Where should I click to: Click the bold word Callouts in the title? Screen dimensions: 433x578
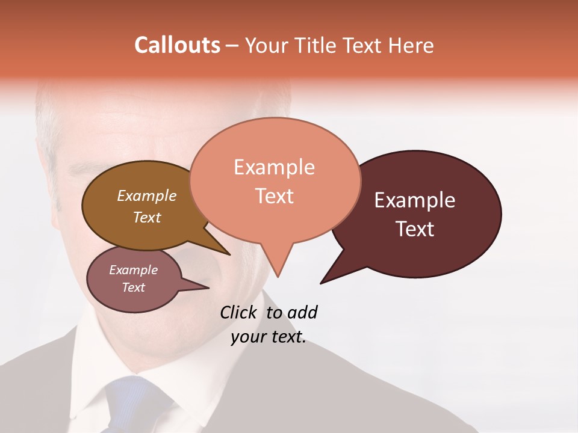(x=177, y=45)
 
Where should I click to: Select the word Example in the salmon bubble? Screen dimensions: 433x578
(x=274, y=167)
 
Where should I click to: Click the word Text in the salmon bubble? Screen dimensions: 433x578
(x=274, y=195)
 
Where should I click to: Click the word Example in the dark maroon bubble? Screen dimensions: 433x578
(x=415, y=200)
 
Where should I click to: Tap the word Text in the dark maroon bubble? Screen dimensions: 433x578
(x=415, y=229)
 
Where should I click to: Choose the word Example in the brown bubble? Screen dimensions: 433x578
(x=146, y=195)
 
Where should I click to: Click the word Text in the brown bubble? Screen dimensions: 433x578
(x=146, y=217)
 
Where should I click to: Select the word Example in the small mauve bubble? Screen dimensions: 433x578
(x=133, y=270)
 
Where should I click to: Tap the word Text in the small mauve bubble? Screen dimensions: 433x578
(x=133, y=287)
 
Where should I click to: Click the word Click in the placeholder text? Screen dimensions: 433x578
(x=240, y=312)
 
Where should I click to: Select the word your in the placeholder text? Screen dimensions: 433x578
(x=247, y=337)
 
